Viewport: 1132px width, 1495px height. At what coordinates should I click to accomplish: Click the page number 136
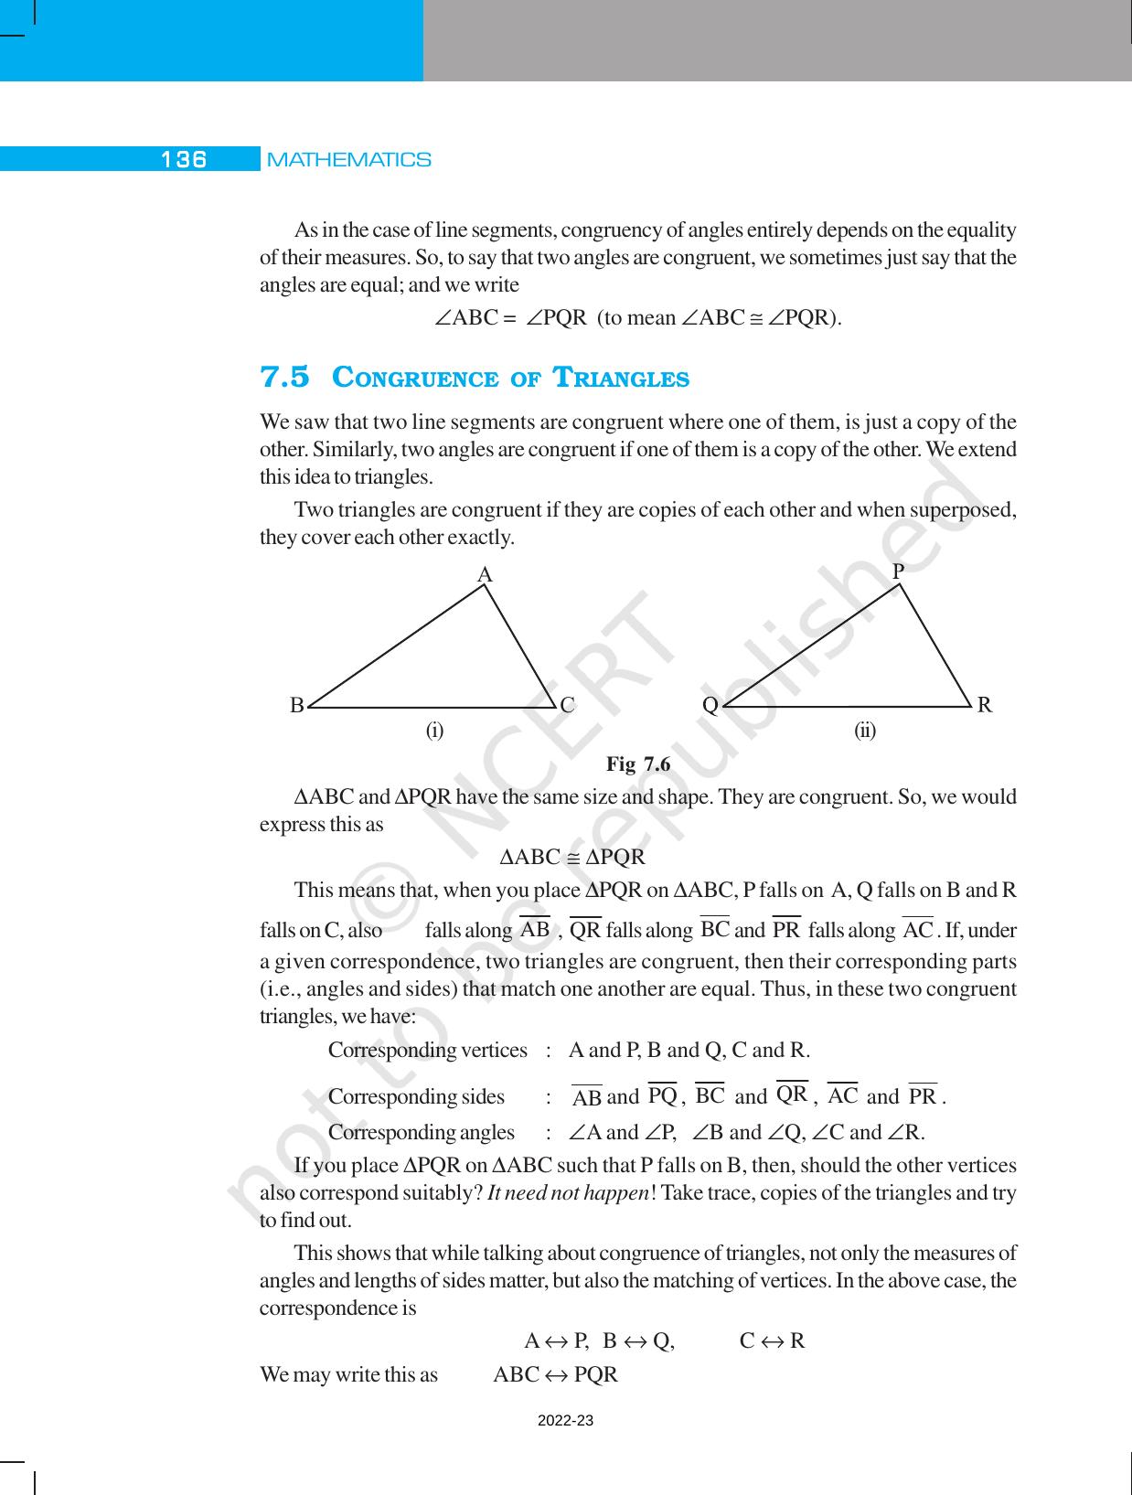pyautogui.click(x=184, y=160)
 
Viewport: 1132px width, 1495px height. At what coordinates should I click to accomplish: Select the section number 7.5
pyautogui.click(x=285, y=377)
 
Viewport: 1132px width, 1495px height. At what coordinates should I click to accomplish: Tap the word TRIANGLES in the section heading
pyautogui.click(x=622, y=378)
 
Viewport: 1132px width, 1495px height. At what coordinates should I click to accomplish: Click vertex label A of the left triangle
pyautogui.click(x=486, y=574)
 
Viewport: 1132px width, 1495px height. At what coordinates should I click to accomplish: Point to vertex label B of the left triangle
pyautogui.click(x=296, y=706)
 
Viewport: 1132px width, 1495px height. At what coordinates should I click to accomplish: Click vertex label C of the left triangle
pyautogui.click(x=567, y=705)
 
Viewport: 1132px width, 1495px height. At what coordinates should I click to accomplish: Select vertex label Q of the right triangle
pyautogui.click(x=710, y=705)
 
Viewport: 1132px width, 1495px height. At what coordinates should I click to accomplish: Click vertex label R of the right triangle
pyautogui.click(x=984, y=705)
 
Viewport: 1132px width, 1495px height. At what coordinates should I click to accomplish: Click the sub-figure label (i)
pyautogui.click(x=434, y=731)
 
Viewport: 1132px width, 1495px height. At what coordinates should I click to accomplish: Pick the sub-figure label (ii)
pyautogui.click(x=865, y=731)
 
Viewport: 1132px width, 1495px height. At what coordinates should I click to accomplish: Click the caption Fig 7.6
pyautogui.click(x=638, y=764)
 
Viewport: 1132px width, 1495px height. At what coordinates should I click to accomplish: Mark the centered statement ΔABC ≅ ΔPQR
pyautogui.click(x=573, y=858)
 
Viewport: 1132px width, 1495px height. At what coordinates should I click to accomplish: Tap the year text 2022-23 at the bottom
pyautogui.click(x=565, y=1421)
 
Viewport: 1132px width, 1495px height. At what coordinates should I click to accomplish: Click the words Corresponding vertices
pyautogui.click(x=427, y=1050)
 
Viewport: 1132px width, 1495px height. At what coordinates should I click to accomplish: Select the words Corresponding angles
pyautogui.click(x=421, y=1133)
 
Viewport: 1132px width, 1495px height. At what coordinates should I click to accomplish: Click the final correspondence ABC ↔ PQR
pyautogui.click(x=555, y=1374)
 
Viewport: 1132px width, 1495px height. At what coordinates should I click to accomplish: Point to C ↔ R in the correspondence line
pyautogui.click(x=772, y=1341)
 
